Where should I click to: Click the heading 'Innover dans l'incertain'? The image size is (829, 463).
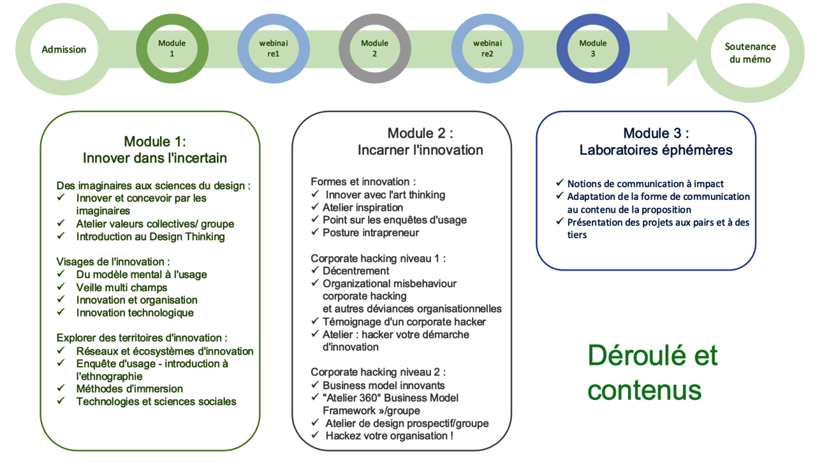[x=155, y=158]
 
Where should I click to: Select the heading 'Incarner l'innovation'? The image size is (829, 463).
[x=420, y=150]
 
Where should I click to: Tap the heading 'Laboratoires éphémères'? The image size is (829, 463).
[x=656, y=150]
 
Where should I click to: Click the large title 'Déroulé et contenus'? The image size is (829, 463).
[x=652, y=373]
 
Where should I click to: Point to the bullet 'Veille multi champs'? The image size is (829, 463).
[x=121, y=287]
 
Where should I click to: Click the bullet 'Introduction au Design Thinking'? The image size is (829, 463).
[x=150, y=236]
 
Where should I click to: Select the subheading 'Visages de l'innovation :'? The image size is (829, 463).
[x=113, y=262]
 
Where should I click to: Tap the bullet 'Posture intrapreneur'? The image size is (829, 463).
[x=370, y=233]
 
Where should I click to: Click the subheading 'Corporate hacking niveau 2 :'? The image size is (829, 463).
[x=378, y=372]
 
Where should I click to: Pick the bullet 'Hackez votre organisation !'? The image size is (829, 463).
[x=390, y=436]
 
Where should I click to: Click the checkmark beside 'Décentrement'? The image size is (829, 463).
[x=315, y=270]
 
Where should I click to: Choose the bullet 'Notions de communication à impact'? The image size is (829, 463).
[x=645, y=184]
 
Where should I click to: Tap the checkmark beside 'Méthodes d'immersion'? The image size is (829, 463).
[x=61, y=388]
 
